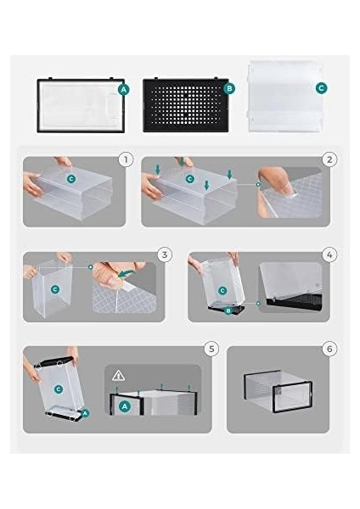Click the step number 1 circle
[x=126, y=159]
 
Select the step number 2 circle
[x=329, y=159]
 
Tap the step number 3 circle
[x=165, y=255]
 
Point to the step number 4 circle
[x=329, y=255]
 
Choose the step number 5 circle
[x=211, y=349]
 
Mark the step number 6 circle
[x=329, y=349]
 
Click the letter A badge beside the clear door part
[x=124, y=90]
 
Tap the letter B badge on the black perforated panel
[x=229, y=88]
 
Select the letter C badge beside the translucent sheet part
[x=321, y=88]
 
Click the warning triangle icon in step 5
[x=118, y=376]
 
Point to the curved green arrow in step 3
[x=127, y=273]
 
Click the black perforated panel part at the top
[x=186, y=105]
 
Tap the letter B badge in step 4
[x=228, y=311]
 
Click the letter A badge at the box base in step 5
[x=85, y=413]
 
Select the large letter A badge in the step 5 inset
[x=125, y=406]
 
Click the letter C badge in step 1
[x=70, y=179]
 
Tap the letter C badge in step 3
[x=55, y=289]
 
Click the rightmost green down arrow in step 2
[x=230, y=174]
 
